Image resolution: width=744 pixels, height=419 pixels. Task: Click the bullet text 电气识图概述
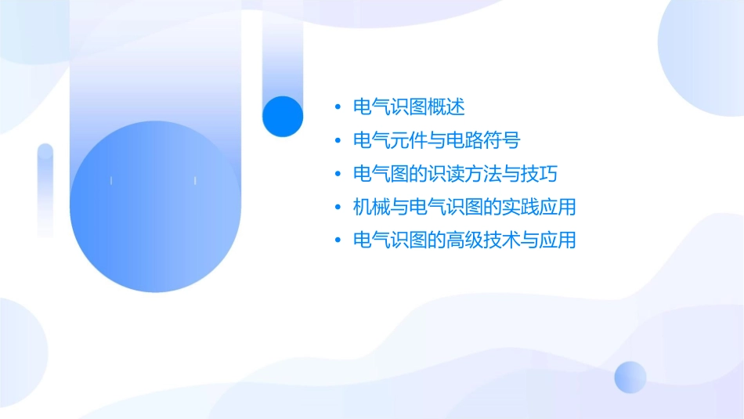[x=410, y=107]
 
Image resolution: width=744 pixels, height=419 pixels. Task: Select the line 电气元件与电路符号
[x=437, y=141]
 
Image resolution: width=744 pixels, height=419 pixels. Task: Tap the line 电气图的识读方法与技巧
[x=456, y=174]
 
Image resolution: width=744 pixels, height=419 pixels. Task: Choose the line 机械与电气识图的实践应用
[x=465, y=208]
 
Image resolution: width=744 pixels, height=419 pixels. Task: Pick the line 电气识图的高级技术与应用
[x=465, y=240]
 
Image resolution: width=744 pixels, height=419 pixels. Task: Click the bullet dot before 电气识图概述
[x=338, y=107]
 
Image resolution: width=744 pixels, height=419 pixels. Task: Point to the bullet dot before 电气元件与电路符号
[x=338, y=141]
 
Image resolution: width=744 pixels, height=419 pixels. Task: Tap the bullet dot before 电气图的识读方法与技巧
[x=338, y=174]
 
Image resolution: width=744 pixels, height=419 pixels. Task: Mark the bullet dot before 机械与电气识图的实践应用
[x=338, y=208]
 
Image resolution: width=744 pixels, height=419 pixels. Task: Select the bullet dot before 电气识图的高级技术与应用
[x=338, y=240]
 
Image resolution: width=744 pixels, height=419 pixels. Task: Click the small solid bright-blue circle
[x=283, y=116]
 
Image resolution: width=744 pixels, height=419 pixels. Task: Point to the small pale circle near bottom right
[x=630, y=377]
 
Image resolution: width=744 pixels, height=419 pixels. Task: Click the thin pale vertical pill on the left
[x=45, y=190]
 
